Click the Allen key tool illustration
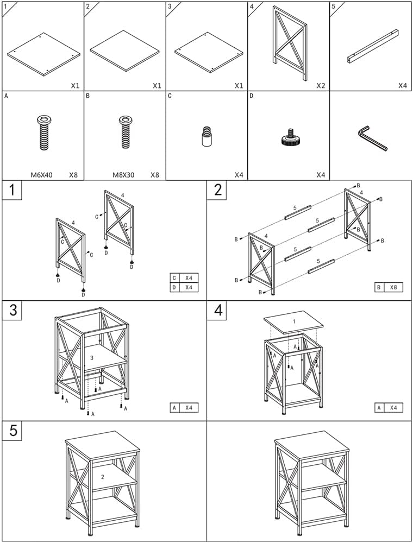pos(372,138)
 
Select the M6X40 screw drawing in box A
pos(42,132)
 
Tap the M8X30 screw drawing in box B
pos(124,132)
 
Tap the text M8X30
pos(123,175)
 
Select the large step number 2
pos(218,191)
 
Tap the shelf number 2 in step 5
pos(102,476)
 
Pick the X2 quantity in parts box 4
pos(321,85)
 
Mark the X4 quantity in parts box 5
pos(402,85)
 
